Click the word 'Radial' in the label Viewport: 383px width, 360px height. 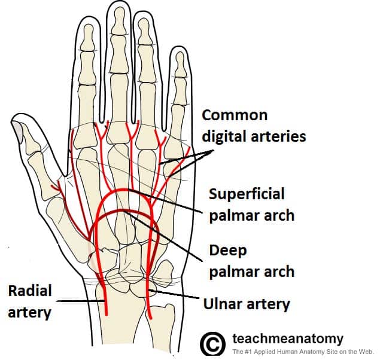pos(30,291)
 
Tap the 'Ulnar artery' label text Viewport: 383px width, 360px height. pos(247,304)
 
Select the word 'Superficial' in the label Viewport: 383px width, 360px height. pos(247,194)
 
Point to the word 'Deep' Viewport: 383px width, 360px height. pos(228,251)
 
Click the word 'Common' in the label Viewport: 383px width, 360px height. pos(235,115)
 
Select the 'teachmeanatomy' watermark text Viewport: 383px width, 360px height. pos(288,338)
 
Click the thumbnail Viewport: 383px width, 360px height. pos(17,129)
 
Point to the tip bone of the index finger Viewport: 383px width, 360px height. pos(89,36)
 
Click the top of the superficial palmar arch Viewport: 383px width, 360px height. pos(124,190)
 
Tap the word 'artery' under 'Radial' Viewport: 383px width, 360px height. pos(29,312)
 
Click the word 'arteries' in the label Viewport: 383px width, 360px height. pos(278,136)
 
